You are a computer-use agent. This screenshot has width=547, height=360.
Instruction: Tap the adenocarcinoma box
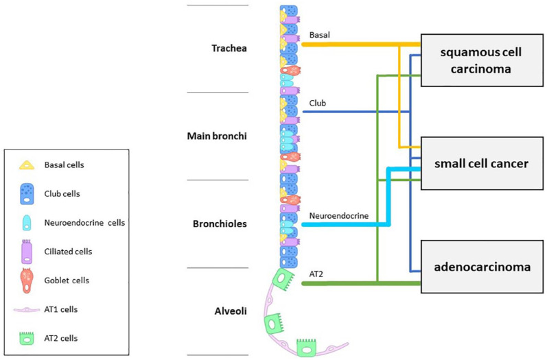pos(483,267)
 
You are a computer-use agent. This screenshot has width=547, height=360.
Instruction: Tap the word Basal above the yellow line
pos(320,34)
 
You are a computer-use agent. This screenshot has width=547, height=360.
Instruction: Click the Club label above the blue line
pos(317,104)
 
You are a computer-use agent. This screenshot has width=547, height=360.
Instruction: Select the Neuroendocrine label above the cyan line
pos(339,215)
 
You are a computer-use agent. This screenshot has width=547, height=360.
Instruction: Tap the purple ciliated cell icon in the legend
pos(28,252)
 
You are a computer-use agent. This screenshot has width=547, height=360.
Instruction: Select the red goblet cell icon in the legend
pos(28,280)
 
